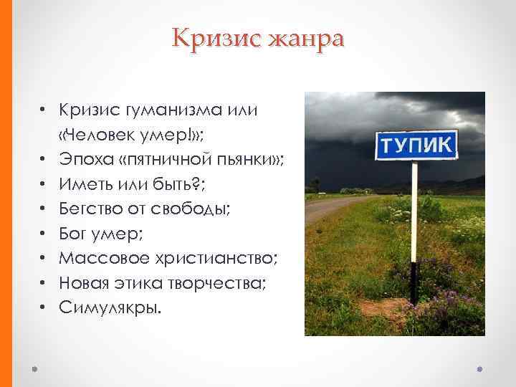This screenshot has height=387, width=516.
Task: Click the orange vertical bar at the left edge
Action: pos(6,193)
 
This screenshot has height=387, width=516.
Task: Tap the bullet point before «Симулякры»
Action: pos(44,307)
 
